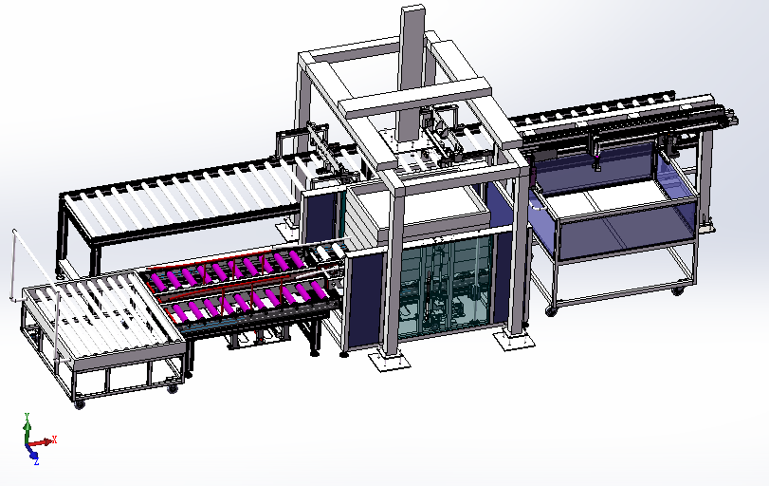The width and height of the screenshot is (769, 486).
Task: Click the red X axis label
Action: (54, 439)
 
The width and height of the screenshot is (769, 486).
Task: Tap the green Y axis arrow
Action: (27, 426)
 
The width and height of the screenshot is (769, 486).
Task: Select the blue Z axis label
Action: (36, 462)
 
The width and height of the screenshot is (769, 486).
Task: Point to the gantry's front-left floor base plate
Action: (390, 361)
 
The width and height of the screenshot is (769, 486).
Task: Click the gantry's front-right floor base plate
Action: (514, 339)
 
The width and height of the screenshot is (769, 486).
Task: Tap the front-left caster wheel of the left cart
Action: (80, 404)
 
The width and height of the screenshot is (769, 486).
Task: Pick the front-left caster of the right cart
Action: (551, 310)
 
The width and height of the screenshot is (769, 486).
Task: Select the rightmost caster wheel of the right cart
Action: (678, 290)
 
